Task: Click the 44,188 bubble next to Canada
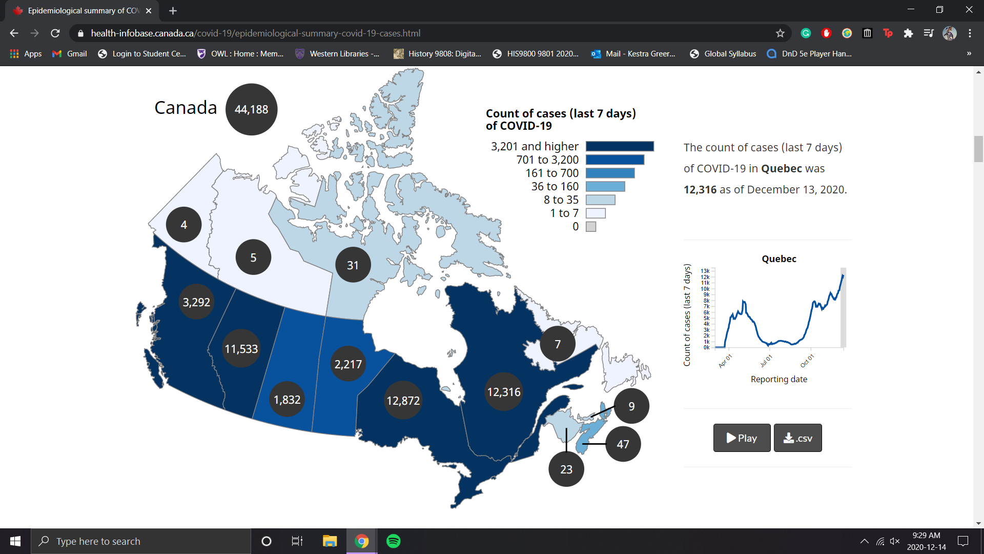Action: [251, 109]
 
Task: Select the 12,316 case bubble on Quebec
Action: [503, 392]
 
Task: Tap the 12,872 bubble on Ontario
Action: [403, 400]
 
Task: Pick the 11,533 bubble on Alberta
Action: [241, 349]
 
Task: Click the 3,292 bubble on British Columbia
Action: [196, 302]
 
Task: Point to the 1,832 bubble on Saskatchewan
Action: [286, 400]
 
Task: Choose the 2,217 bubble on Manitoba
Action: [348, 364]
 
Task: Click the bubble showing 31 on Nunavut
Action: [353, 265]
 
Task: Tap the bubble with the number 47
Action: [623, 444]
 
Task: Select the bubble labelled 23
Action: [566, 469]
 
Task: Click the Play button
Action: [742, 438]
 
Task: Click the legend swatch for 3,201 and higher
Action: [620, 147]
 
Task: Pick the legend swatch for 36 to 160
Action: [605, 187]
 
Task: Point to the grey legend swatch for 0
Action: [591, 227]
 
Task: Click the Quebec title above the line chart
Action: [778, 259]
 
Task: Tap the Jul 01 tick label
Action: [766, 361]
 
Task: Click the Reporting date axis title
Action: [778, 379]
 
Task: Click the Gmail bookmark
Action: [70, 54]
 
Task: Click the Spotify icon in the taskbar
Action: [393, 541]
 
